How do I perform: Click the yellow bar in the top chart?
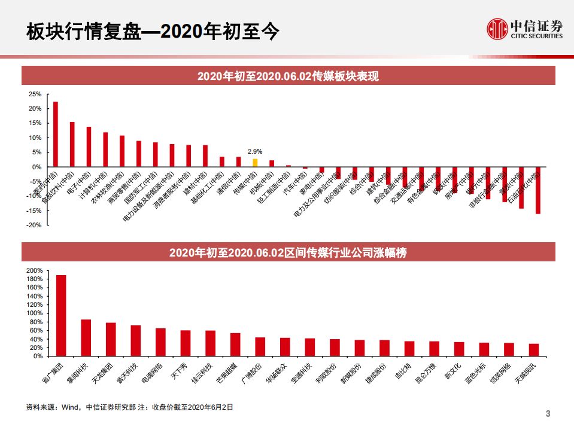point(255,162)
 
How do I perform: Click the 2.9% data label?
point(255,152)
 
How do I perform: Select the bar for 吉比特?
point(409,349)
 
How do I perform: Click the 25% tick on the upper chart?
point(35,94)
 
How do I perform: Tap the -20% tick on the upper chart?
point(34,225)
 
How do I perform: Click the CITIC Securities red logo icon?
point(496,28)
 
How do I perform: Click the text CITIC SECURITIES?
point(536,36)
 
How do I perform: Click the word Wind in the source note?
point(70,407)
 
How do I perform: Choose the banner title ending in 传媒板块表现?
point(288,76)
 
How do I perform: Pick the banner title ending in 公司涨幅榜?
point(288,252)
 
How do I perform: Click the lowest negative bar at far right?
point(537,190)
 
